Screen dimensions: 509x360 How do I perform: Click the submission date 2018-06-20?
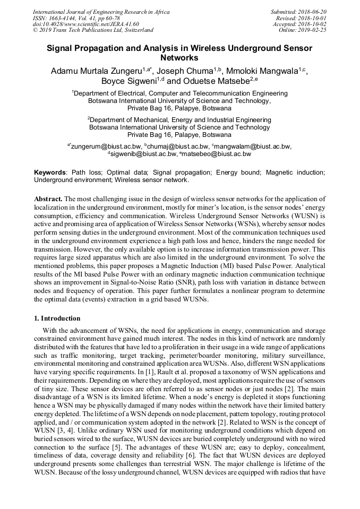313,11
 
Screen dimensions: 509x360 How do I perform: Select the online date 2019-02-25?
313,30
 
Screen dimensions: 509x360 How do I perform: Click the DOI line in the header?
85,24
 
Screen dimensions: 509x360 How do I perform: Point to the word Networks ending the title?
179,57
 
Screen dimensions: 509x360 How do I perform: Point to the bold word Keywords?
50,172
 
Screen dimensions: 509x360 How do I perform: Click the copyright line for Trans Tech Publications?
93,30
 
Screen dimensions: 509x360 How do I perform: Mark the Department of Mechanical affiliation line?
180,120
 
